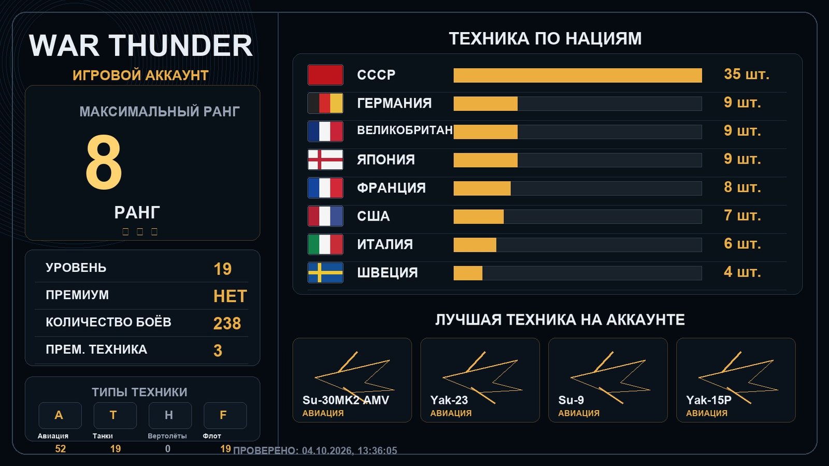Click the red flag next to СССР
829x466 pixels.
325,75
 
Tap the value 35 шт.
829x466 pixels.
747,75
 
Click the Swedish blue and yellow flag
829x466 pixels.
325,272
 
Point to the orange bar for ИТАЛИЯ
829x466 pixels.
475,245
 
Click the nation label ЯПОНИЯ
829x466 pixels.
385,160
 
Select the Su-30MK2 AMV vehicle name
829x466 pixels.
346,400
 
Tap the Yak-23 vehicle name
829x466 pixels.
449,400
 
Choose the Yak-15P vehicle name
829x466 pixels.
709,400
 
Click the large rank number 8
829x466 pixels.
104,163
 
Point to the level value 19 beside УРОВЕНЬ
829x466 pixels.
222,269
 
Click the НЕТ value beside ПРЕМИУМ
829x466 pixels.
230,296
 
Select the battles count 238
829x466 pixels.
227,324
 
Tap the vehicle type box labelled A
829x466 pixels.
60,415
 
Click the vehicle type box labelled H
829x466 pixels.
170,415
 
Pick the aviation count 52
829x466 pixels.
60,449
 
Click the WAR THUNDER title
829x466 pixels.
140,46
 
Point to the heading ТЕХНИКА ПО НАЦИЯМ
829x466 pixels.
545,38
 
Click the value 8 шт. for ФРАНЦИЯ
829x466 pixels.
742,187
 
